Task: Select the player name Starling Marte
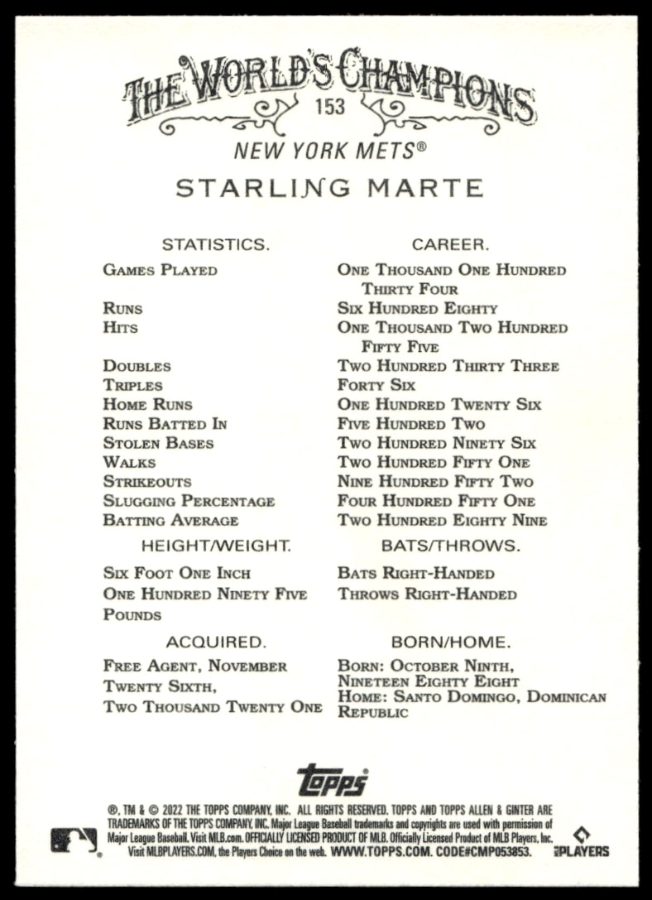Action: (x=329, y=188)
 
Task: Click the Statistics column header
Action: (x=215, y=244)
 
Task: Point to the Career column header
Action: (x=450, y=244)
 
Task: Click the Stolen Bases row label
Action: (x=158, y=443)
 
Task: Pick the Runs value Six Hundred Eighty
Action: (x=417, y=308)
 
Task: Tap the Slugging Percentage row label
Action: (x=189, y=501)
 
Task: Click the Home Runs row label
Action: (x=147, y=405)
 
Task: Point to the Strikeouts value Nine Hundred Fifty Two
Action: (x=435, y=482)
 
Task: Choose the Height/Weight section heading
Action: (x=215, y=546)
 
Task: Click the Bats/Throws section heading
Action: (x=450, y=546)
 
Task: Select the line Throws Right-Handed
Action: (x=427, y=594)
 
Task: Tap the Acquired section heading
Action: (x=215, y=642)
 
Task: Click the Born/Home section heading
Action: (x=450, y=642)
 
